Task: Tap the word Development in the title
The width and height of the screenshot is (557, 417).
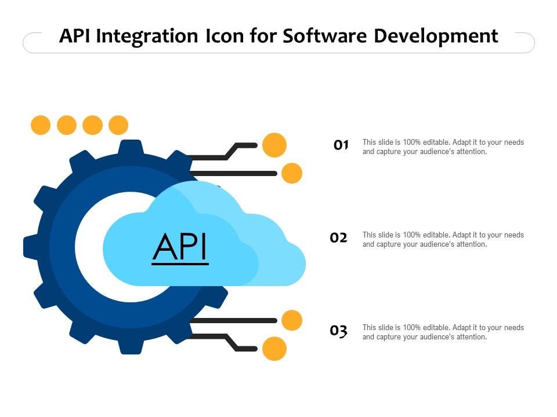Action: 436,36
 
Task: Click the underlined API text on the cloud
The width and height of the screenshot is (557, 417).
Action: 180,247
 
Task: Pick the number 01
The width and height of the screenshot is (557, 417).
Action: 341,145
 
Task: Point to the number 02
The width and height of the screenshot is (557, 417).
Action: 339,237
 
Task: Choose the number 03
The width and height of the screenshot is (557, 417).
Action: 339,331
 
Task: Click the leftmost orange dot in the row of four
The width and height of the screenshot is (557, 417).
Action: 41,125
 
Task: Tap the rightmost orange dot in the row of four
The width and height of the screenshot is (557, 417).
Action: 118,125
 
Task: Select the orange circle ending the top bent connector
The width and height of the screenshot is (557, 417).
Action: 274,145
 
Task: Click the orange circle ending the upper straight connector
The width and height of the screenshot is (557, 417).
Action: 291,173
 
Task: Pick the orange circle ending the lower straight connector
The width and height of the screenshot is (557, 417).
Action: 291,320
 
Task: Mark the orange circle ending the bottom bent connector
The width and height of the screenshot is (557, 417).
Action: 274,349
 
